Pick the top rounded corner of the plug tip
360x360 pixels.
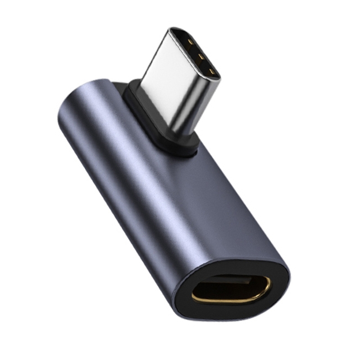(178, 30)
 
